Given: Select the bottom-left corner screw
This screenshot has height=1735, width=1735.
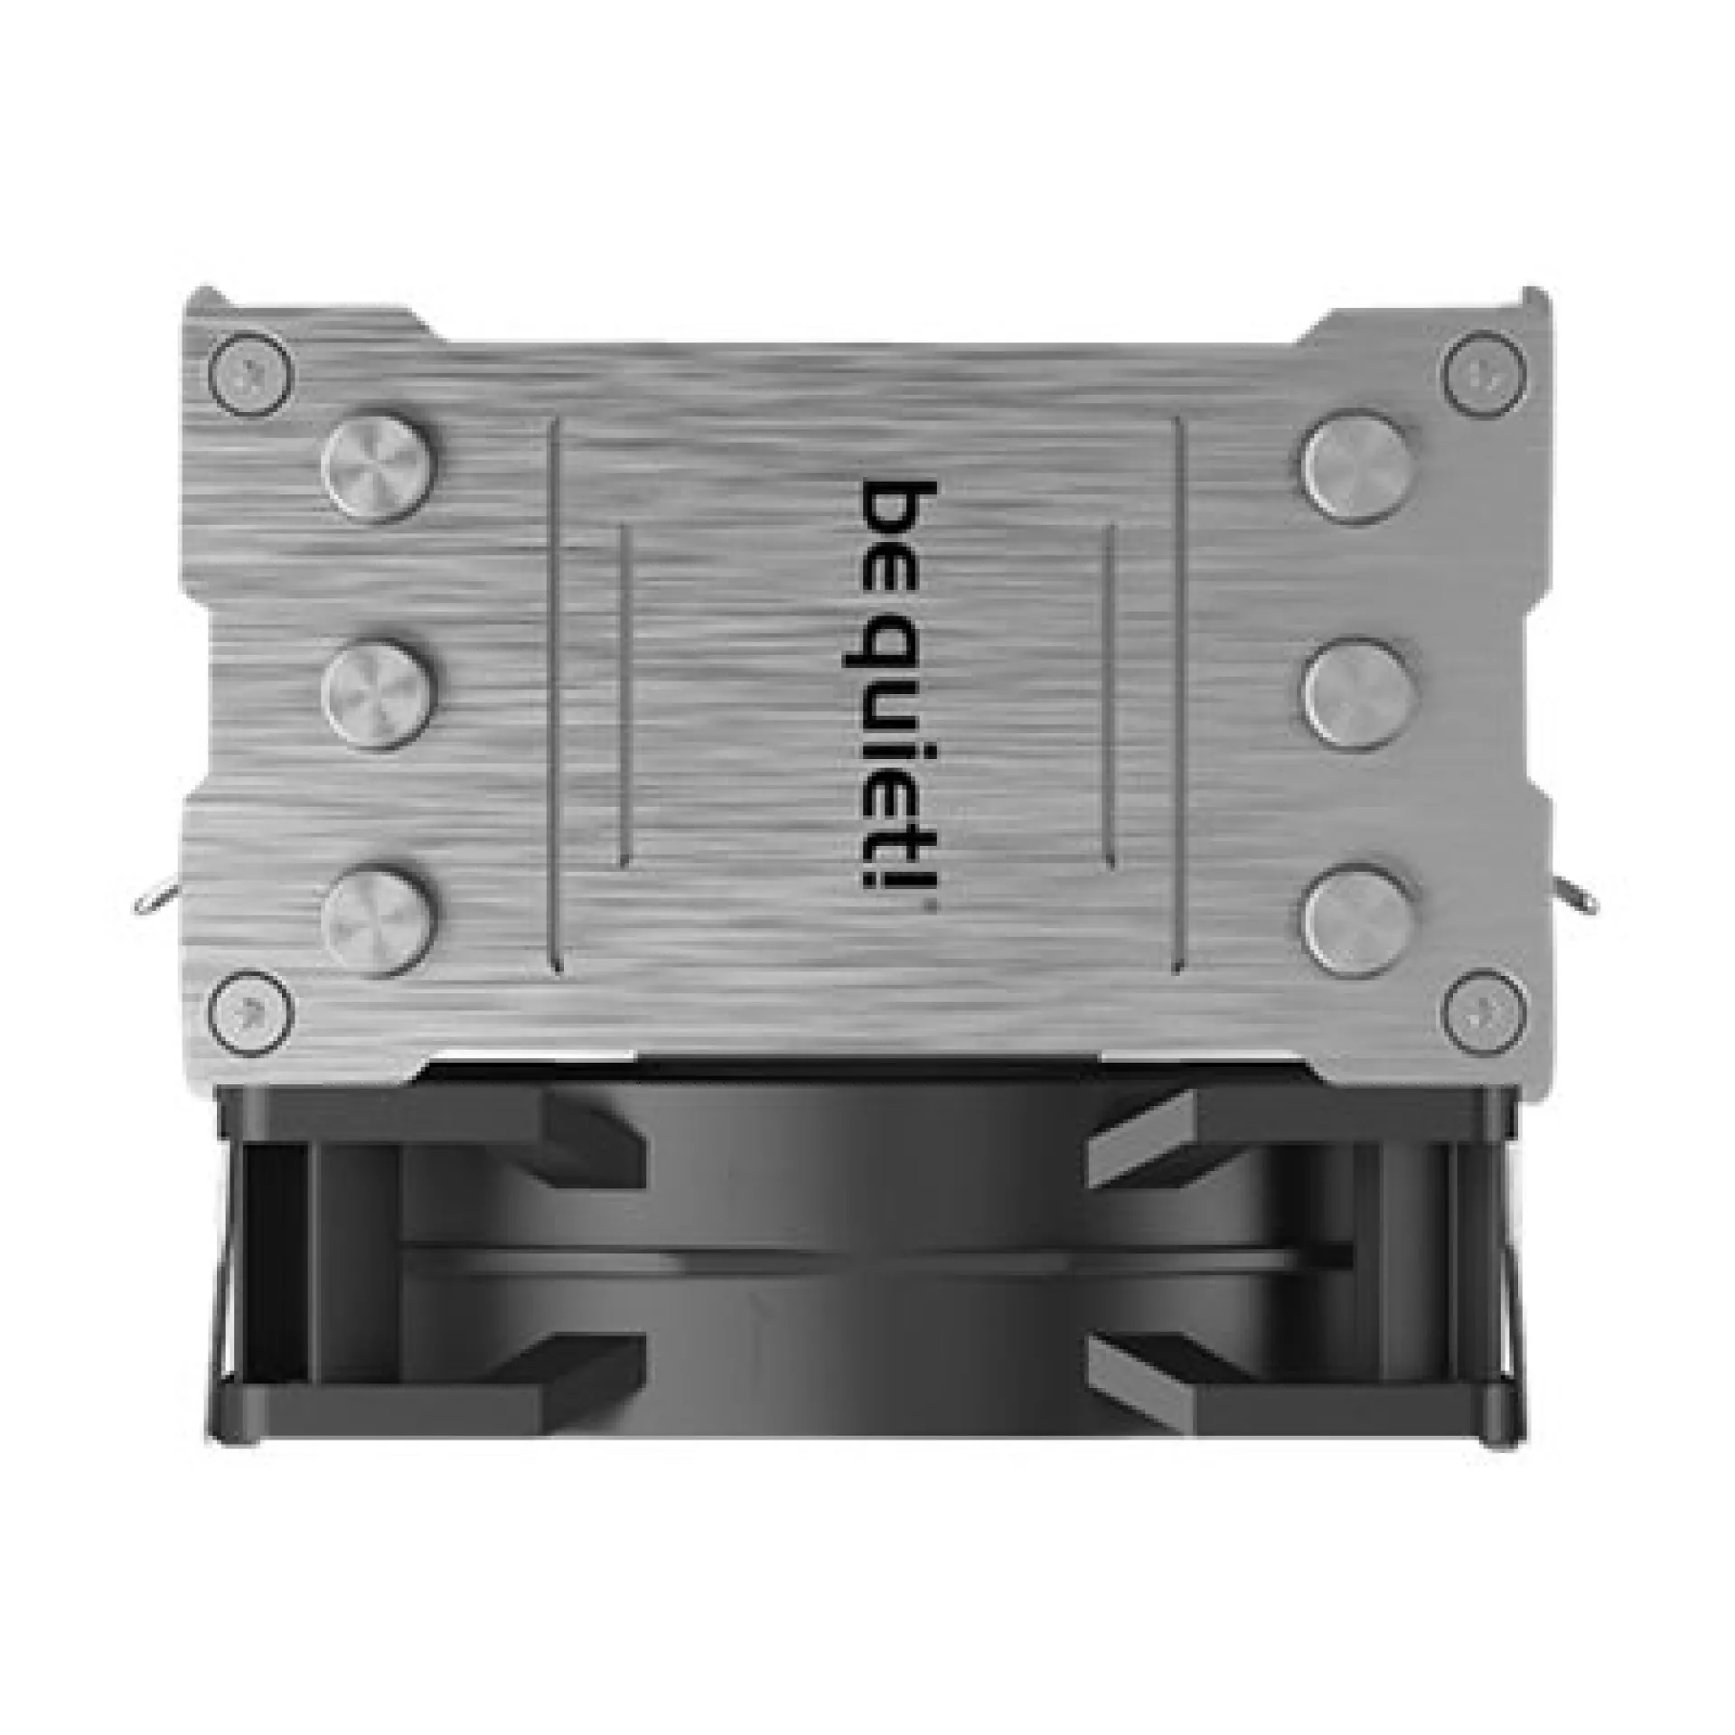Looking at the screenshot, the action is click(x=251, y=1009).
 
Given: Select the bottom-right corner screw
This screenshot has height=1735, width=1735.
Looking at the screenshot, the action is click(x=1485, y=1009).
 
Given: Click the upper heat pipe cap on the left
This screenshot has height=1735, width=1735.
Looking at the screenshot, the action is click(x=380, y=470).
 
